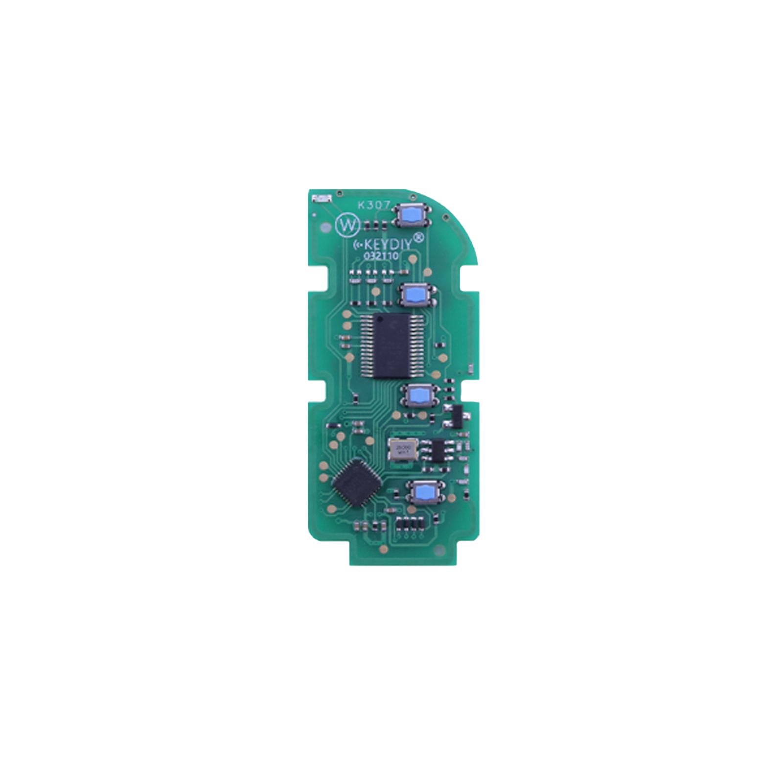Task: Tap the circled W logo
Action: pos(348,226)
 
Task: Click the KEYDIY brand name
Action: pos(388,244)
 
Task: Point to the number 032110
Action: pos(381,256)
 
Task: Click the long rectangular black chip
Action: pos(391,346)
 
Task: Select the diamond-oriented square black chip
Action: pos(356,483)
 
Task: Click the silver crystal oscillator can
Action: pos(403,450)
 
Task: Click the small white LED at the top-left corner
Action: pos(321,199)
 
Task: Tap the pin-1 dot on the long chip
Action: pos(380,319)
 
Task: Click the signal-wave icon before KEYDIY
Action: pos(358,245)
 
